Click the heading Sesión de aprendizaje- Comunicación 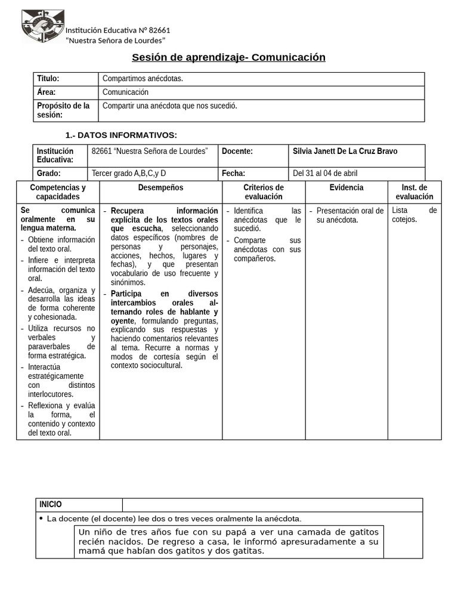[x=228, y=57]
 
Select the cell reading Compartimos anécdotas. [x=143, y=79]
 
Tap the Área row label [x=47, y=92]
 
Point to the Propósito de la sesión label [x=63, y=110]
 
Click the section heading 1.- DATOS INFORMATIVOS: [x=120, y=135]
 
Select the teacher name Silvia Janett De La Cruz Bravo [x=345, y=152]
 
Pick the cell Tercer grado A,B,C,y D [x=128, y=174]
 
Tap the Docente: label [x=237, y=152]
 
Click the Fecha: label [x=234, y=174]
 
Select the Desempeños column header [x=160, y=188]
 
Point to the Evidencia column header [x=346, y=188]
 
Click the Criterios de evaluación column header [x=264, y=192]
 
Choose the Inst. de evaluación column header [x=414, y=192]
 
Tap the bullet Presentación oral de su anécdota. [x=349, y=215]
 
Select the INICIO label [x=51, y=505]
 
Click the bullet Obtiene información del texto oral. [x=61, y=244]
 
